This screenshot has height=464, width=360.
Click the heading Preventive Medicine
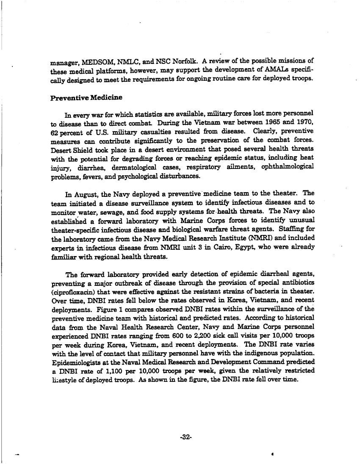[86, 98]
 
